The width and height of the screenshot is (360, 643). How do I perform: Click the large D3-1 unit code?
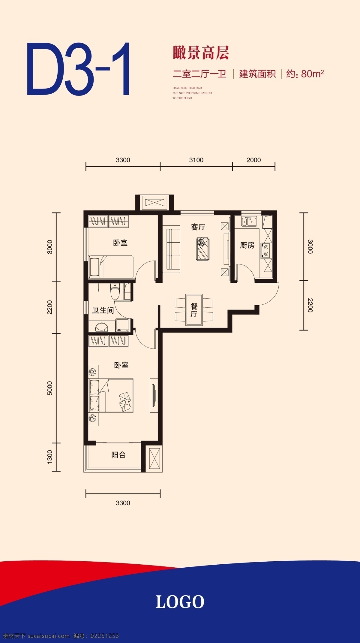pyautogui.click(x=78, y=69)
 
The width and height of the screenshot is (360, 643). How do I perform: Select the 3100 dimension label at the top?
pyautogui.click(x=196, y=160)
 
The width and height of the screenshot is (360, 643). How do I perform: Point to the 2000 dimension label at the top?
pyautogui.click(x=253, y=160)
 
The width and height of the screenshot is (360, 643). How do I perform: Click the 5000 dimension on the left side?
pyautogui.click(x=50, y=388)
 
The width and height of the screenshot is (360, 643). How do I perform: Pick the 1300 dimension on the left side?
pyautogui.click(x=50, y=456)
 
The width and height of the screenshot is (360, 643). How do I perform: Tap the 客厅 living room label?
pyautogui.click(x=198, y=227)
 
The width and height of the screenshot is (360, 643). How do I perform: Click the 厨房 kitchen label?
pyautogui.click(x=247, y=245)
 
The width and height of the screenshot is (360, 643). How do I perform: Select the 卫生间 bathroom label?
pyautogui.click(x=103, y=310)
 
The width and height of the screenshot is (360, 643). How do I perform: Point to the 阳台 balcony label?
pyautogui.click(x=118, y=455)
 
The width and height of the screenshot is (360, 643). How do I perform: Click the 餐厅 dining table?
pyautogui.click(x=194, y=310)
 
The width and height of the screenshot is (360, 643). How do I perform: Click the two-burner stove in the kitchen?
pyautogui.click(x=265, y=251)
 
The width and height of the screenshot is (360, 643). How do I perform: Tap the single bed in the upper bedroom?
pyautogui.click(x=111, y=267)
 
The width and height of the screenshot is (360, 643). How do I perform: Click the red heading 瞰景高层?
pyautogui.click(x=201, y=52)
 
